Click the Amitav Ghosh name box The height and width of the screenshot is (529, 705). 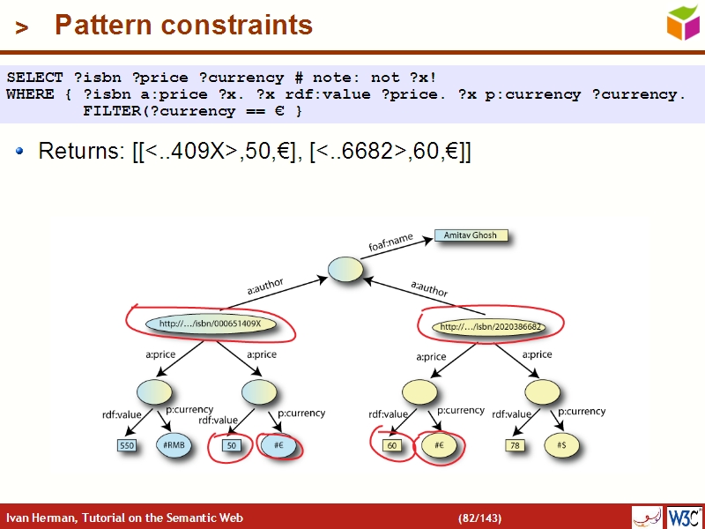pyautogui.click(x=471, y=236)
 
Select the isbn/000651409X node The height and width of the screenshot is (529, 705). pyautogui.click(x=210, y=324)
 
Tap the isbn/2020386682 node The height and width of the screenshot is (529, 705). pyautogui.click(x=490, y=327)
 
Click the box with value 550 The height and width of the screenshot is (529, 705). pyautogui.click(x=127, y=446)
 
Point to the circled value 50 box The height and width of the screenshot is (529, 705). pyautogui.click(x=231, y=446)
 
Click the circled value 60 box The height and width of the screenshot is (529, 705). pyautogui.click(x=392, y=446)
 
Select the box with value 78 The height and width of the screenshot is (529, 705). pyautogui.click(x=515, y=446)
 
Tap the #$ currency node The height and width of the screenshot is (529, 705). pyautogui.click(x=561, y=446)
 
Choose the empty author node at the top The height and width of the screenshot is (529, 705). pyautogui.click(x=345, y=270)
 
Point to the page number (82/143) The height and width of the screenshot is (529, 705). pyautogui.click(x=479, y=518)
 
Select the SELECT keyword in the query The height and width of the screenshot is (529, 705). pyautogui.click(x=34, y=78)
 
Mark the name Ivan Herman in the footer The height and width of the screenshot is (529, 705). pyautogui.click(x=40, y=518)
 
